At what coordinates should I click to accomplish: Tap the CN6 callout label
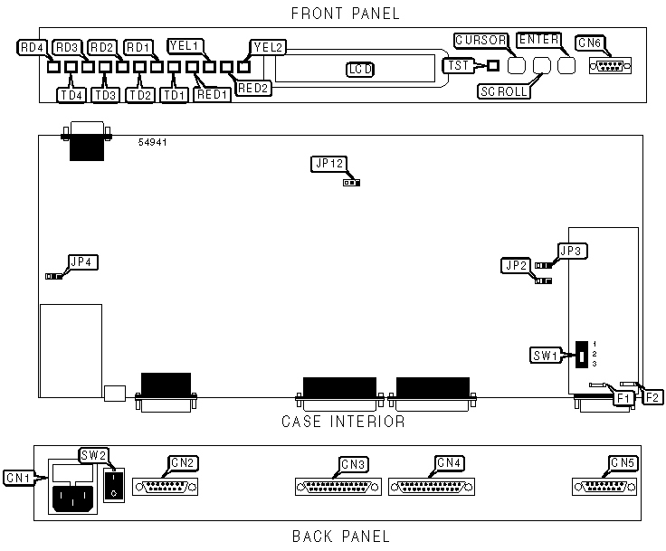(590, 43)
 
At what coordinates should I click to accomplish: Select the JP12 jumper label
(328, 164)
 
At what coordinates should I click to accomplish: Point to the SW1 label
(547, 355)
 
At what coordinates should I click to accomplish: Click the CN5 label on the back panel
(623, 463)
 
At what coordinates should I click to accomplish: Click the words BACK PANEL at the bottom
(340, 537)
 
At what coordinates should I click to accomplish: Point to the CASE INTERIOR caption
(343, 422)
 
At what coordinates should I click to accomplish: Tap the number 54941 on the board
(153, 143)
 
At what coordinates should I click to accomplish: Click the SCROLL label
(503, 91)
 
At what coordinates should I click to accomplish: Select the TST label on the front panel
(456, 65)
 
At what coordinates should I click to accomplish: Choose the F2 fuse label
(652, 396)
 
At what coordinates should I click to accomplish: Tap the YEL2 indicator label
(268, 46)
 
